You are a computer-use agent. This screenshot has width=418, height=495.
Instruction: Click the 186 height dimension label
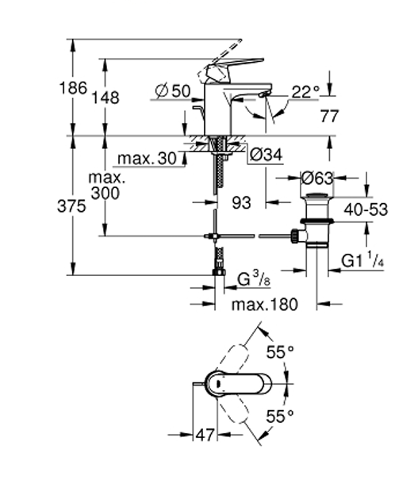[x=73, y=88]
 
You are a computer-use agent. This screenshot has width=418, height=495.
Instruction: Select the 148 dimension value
[x=105, y=98]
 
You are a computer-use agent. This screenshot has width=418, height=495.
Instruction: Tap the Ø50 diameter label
[x=173, y=91]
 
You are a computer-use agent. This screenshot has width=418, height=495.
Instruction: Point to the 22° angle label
[x=305, y=92]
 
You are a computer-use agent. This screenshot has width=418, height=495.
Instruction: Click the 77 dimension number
[x=329, y=116]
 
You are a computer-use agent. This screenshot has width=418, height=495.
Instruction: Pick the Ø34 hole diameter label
[x=266, y=155]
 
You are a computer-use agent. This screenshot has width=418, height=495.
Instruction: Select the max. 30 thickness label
[x=147, y=158]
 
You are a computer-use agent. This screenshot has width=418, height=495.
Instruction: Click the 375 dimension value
[x=71, y=206]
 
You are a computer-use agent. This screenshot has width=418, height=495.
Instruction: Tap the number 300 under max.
[x=105, y=194]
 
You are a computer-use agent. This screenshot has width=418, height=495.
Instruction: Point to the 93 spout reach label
[x=241, y=202]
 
